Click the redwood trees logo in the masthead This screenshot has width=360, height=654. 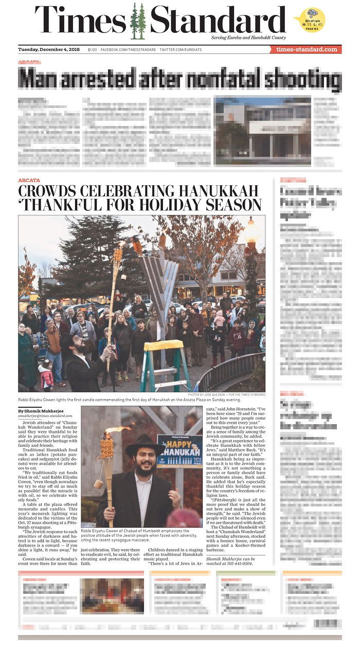(x=138, y=22)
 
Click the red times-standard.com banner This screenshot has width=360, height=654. (x=306, y=49)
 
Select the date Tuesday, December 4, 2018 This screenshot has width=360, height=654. (x=49, y=49)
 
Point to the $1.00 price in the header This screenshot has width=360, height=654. (x=92, y=49)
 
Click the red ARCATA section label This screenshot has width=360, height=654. (x=29, y=180)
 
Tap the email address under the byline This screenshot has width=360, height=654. (x=45, y=416)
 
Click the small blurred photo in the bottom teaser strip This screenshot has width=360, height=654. (x=112, y=595)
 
